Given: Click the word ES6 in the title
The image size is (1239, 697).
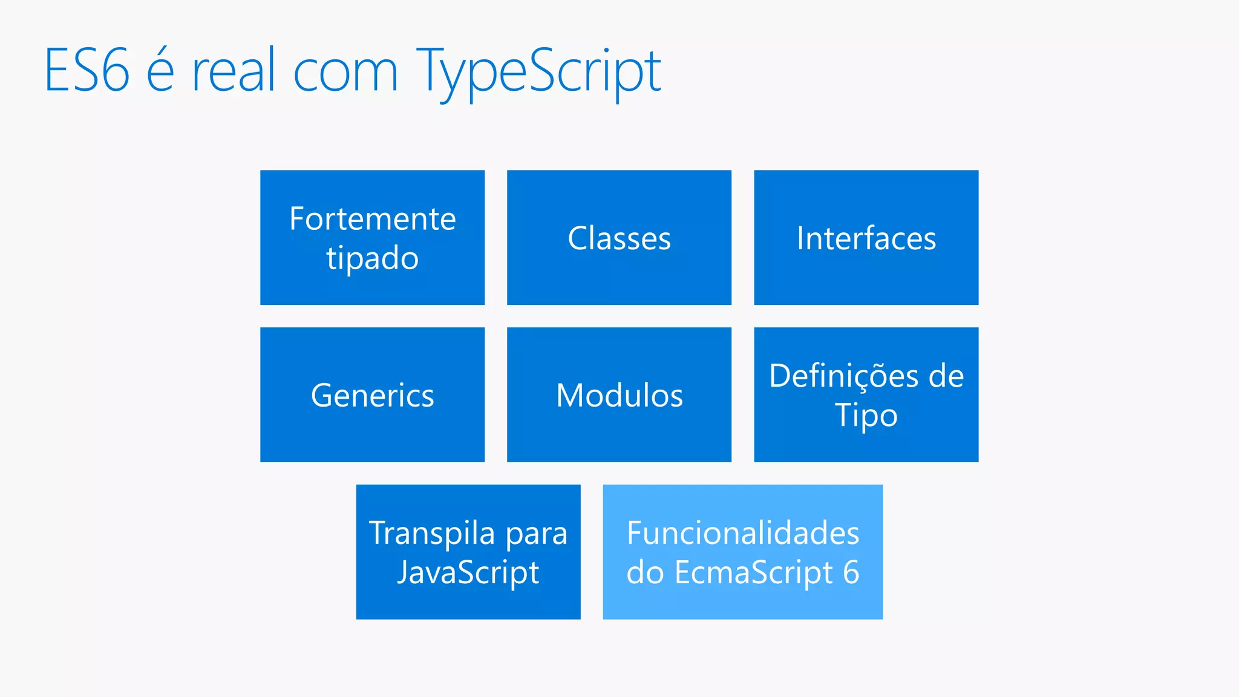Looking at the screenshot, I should (87, 71).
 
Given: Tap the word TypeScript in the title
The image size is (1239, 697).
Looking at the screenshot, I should (538, 73).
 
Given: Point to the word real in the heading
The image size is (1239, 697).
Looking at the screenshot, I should (229, 71).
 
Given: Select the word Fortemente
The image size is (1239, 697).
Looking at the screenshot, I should (372, 218).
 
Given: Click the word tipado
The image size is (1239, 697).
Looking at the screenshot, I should (372, 259).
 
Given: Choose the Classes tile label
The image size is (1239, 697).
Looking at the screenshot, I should (619, 238).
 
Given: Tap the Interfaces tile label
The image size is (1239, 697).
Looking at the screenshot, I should (866, 238).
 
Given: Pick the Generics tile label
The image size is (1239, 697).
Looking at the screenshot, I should (372, 396).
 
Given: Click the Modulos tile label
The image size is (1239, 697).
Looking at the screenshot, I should (619, 396).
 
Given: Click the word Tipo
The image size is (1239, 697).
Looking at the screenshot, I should (866, 416).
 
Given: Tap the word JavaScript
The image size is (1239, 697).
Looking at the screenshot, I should (468, 573).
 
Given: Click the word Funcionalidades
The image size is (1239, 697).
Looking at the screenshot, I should (743, 533).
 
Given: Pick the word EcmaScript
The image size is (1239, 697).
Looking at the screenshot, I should (754, 573).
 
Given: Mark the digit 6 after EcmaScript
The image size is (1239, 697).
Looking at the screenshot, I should (851, 572).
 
